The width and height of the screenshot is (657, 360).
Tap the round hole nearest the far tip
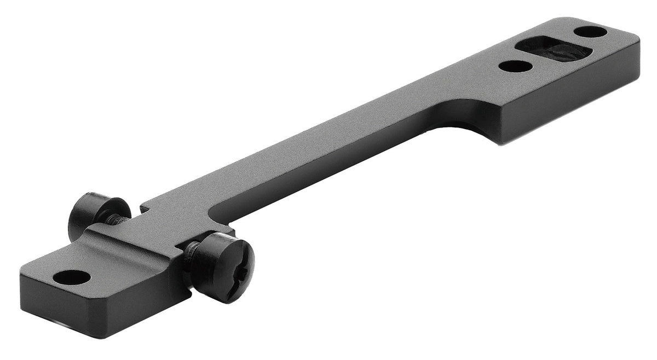point(591,32)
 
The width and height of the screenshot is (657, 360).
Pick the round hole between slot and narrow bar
point(515,66)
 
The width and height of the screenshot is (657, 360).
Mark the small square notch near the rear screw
point(145,208)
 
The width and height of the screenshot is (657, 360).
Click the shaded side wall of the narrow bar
point(328,164)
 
